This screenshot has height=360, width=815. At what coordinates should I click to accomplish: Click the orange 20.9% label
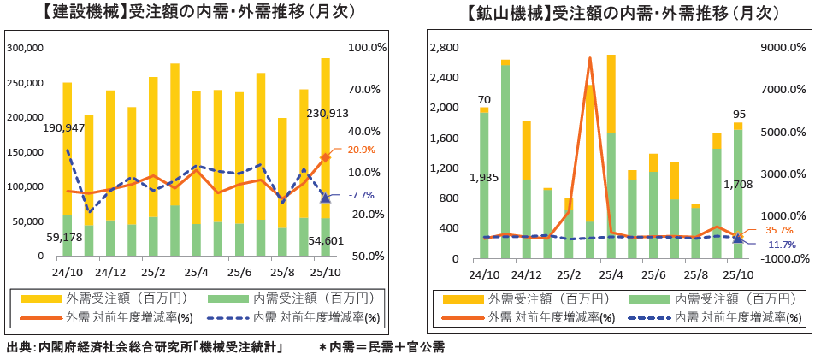[362, 150]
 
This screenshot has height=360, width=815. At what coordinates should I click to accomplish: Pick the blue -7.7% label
[362, 195]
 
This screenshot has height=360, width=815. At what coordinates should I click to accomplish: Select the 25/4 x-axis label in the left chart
[197, 273]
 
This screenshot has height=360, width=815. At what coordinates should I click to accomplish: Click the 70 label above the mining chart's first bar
[484, 99]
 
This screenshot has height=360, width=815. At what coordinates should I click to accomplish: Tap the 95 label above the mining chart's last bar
[738, 114]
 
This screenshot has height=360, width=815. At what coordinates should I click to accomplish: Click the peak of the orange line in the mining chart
[590, 58]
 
